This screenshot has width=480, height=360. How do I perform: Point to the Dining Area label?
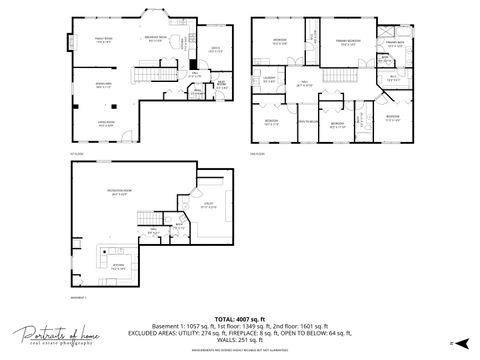[102, 85]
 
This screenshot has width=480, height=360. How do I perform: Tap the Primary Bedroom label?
[348, 42]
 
